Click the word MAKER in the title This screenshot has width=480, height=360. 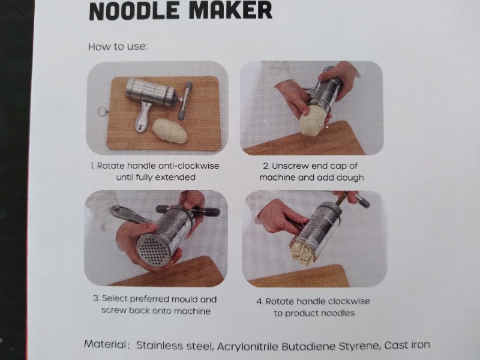pos(230,10)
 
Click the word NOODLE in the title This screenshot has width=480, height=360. pos(134,10)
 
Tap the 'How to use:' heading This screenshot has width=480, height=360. pos(118,47)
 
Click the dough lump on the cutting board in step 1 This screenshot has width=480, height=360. pos(170,130)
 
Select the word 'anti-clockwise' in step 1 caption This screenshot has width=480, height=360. pos(189,166)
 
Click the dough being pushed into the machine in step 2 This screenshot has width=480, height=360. pos(314,119)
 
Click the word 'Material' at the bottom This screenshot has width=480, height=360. pos(104,344)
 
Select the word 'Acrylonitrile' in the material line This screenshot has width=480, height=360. pos(247,346)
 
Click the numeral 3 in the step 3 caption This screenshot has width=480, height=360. pos(95,298)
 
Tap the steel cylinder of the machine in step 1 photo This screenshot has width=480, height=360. pos(151,92)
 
